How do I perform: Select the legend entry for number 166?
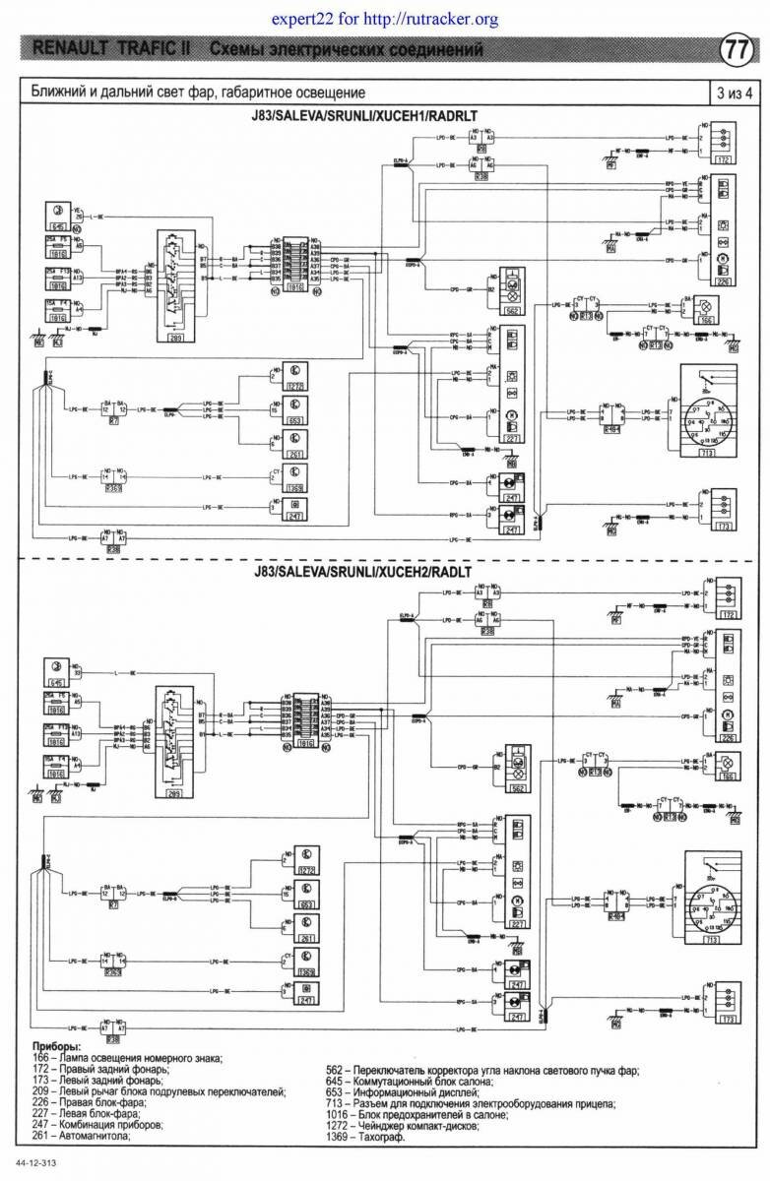click(128, 1058)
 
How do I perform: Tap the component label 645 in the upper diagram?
click(57, 226)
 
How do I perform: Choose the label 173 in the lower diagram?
click(728, 1022)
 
